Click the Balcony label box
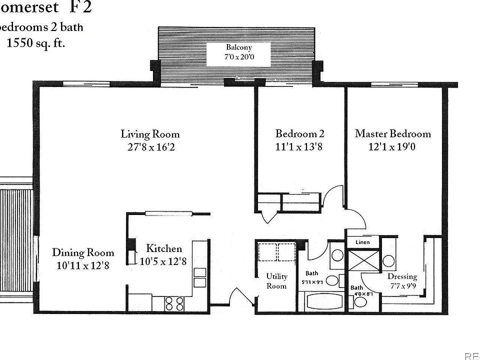pos(238,52)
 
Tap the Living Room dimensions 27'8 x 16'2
pos(150,147)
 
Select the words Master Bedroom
pos(392,134)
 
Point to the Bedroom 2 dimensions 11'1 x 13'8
pos(300,147)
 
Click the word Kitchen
pos(164,248)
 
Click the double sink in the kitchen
pos(199,277)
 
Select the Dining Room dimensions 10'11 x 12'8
pos(83,265)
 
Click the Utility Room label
pos(276,281)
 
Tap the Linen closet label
pos(362,242)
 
